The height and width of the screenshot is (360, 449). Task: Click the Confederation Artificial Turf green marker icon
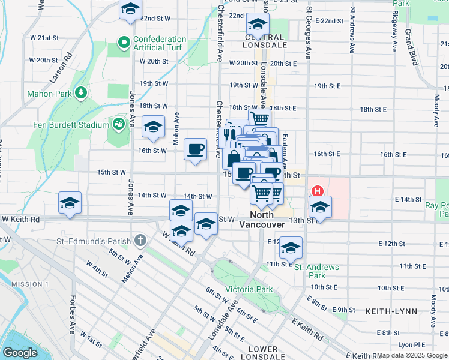click(124, 43)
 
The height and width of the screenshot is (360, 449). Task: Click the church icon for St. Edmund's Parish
click(140, 241)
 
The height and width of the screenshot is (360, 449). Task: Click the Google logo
click(20, 353)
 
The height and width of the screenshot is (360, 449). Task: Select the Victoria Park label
click(246, 289)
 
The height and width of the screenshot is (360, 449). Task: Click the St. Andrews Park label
click(316, 271)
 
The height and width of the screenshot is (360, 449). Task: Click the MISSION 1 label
click(29, 284)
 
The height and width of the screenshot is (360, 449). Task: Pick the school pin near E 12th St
click(291, 247)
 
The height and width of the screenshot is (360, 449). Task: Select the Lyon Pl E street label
click(411, 345)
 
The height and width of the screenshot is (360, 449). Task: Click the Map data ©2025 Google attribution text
click(412, 355)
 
